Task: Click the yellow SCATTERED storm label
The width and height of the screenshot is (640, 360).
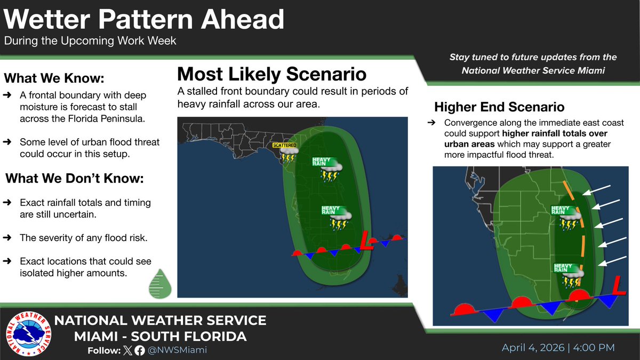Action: click(x=284, y=145)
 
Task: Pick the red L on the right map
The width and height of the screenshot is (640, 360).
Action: click(x=619, y=286)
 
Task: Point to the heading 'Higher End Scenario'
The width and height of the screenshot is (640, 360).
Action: click(x=499, y=107)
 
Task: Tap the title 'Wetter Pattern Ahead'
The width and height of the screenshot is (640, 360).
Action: click(x=144, y=20)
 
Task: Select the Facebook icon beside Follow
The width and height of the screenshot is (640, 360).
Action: click(x=140, y=350)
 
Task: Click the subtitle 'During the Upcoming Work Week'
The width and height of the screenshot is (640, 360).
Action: click(x=90, y=41)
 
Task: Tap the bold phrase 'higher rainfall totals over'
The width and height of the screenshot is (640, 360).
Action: click(x=551, y=133)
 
